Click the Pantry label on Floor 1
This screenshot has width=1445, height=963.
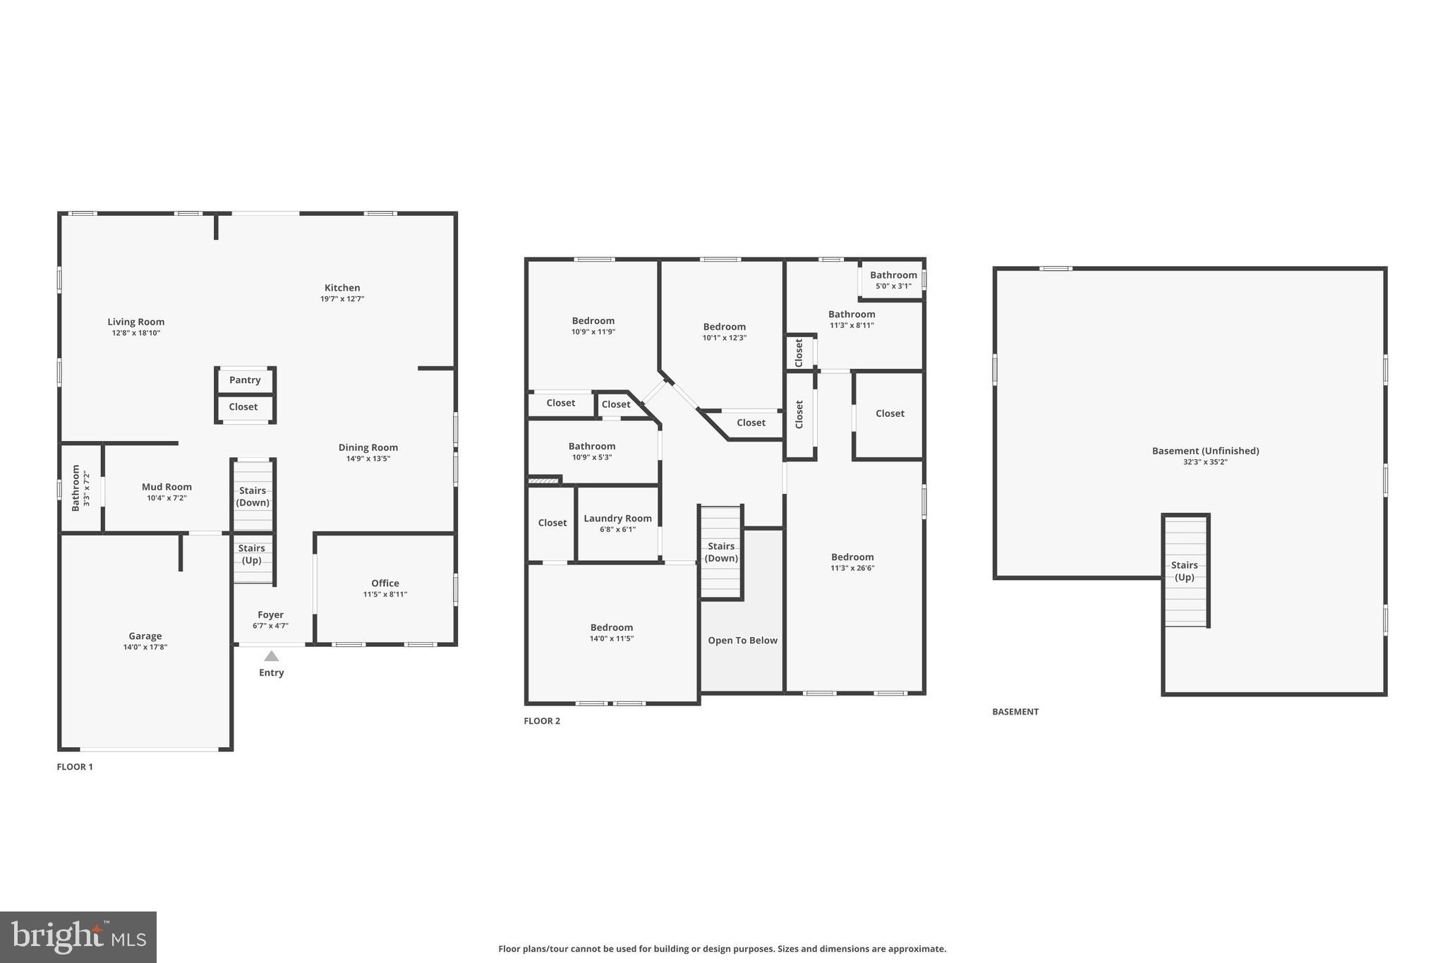pos(245,380)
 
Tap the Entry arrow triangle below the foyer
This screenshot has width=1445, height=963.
pos(271,656)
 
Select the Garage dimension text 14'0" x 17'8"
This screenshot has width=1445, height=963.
pos(145,647)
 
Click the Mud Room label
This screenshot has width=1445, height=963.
pos(167,487)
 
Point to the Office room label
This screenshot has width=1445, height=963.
pos(385,583)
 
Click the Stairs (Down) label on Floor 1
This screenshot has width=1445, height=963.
pos(253,497)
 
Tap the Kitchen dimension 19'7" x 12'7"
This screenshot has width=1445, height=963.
pos(342,299)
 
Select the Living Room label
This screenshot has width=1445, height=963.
pos(136,322)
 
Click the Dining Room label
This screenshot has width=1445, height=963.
pos(368,447)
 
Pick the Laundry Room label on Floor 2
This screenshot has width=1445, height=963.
pos(617,519)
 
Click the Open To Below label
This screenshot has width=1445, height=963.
pos(742,641)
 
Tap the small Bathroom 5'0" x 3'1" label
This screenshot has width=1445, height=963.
pos(893,276)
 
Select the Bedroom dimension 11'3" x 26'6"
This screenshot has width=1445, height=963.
pos(852,568)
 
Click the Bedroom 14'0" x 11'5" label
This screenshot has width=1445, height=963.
pos(612,628)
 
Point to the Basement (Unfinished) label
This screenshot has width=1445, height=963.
pos(1205,451)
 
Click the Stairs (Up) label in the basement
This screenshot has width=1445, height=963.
pos(1184,571)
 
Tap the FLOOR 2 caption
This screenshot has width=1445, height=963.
pos(542,721)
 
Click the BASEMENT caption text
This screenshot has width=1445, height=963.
pos(1015,712)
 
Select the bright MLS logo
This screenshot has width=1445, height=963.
pos(78,937)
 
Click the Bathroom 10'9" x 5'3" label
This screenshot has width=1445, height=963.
pos(592,447)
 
